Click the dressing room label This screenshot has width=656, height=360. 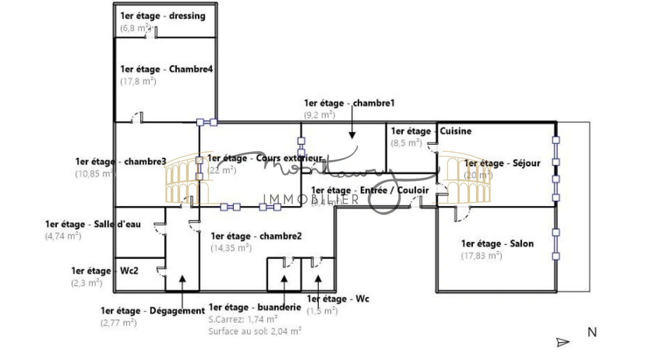(163, 16)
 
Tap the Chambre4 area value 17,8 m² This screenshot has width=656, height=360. (138, 81)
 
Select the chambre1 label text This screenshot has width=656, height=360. (349, 103)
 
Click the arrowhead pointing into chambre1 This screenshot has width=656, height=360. (352, 135)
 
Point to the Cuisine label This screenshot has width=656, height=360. (431, 131)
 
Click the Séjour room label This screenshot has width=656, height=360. (502, 163)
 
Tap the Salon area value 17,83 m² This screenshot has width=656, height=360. (481, 256)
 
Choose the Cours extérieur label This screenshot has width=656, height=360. (265, 158)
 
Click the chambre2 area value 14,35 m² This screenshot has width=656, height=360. (231, 248)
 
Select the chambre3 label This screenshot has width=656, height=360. (121, 162)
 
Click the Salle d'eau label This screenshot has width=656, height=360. (93, 224)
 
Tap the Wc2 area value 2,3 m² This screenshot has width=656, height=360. (87, 283)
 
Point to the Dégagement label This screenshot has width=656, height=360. (153, 311)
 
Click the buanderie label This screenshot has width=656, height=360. (255, 307)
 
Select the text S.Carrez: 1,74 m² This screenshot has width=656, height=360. (243, 319)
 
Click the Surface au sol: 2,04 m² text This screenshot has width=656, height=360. (255, 331)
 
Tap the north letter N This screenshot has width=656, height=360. (592, 332)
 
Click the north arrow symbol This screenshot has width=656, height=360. (562, 342)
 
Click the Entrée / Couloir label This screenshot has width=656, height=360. (370, 190)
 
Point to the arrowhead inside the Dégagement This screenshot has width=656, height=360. (182, 279)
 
